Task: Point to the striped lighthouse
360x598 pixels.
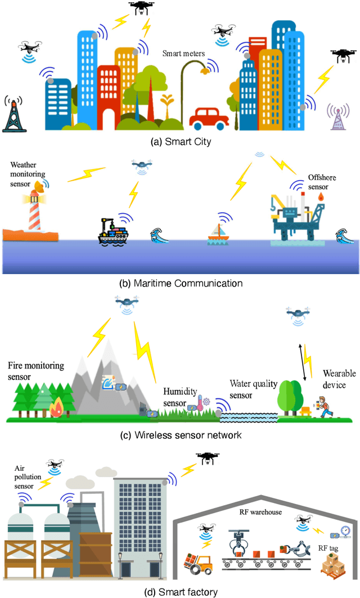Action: [x=37, y=212]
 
